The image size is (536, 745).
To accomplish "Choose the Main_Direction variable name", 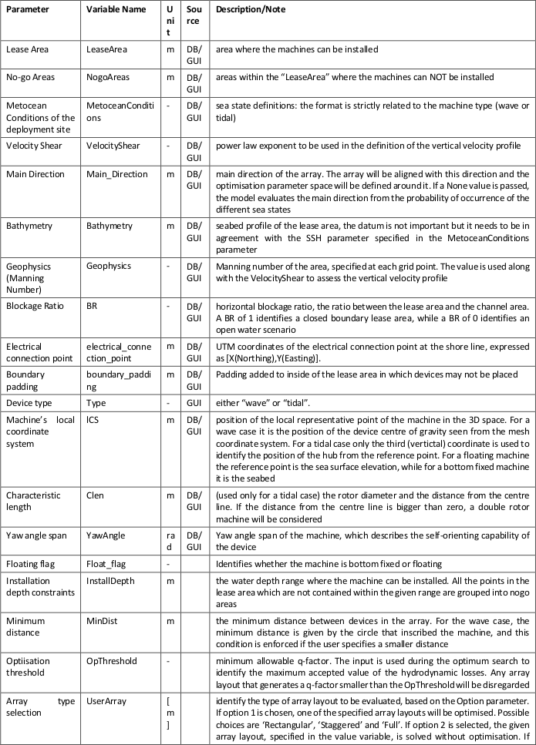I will (116, 174).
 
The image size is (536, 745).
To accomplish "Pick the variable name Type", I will (96, 403).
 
